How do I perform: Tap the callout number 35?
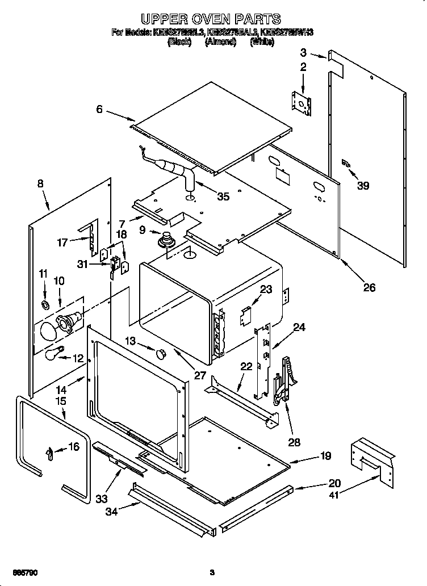pos(223,196)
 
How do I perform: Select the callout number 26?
pos(369,287)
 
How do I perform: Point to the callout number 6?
pos(99,110)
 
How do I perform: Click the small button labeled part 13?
pos(160,354)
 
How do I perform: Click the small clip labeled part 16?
pos(51,453)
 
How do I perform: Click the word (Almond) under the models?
pos(220,42)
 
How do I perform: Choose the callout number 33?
pos(101,499)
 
